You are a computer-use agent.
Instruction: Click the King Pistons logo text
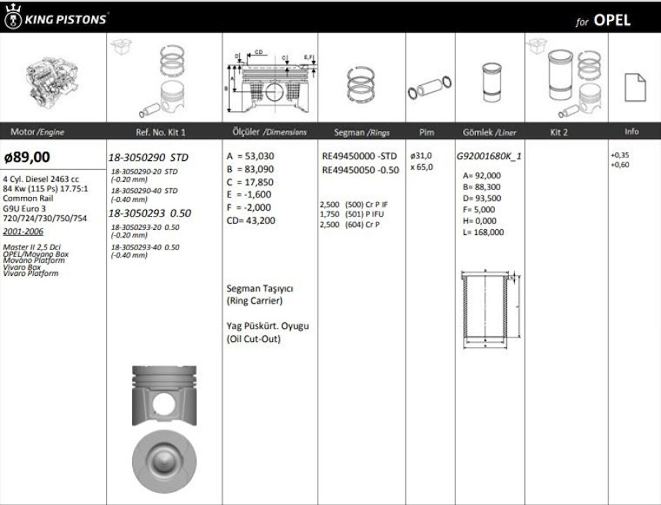[64, 20]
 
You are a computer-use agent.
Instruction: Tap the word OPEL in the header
[612, 20]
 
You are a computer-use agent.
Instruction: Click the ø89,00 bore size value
[26, 157]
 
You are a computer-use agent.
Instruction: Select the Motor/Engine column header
[37, 132]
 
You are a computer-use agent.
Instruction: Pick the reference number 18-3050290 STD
[148, 157]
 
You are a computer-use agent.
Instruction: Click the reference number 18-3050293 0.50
[150, 213]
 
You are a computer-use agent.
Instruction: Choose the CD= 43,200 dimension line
[251, 221]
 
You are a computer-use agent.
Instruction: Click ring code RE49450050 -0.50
[361, 170]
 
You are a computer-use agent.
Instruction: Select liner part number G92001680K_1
[489, 157]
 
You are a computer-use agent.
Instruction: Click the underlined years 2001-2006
[23, 231]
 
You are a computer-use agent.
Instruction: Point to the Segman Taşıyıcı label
[260, 289]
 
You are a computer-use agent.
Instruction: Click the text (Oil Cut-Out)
[254, 339]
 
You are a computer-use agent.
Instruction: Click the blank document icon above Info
[635, 87]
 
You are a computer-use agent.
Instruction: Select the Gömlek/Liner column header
[490, 133]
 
